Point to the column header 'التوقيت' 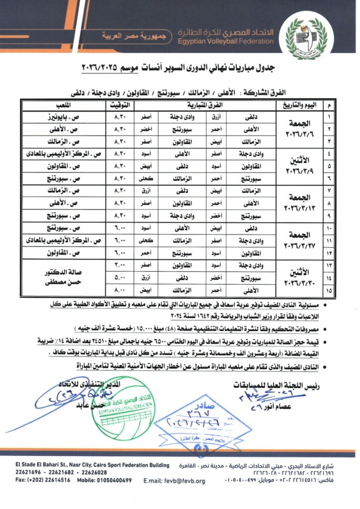(x=121, y=105)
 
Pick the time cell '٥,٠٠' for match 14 (x=121, y=276)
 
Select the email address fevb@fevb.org (x=174, y=481)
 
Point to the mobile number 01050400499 (x=105, y=480)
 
